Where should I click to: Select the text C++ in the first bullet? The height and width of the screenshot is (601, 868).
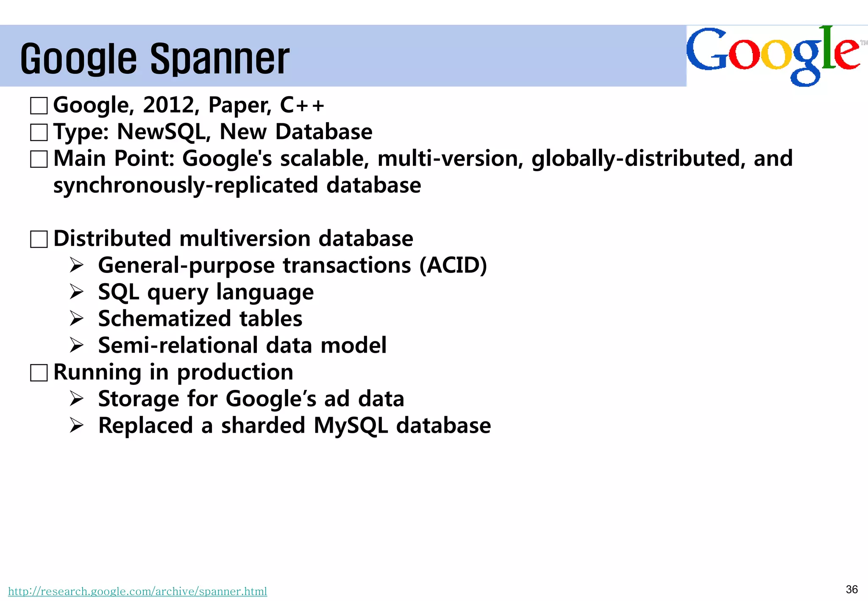pos(302,105)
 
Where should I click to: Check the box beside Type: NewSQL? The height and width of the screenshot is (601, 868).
pos(39,133)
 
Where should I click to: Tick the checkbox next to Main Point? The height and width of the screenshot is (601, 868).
pos(39,159)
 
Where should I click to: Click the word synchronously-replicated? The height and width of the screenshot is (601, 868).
pos(186,185)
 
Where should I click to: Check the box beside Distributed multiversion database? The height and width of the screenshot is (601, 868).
pos(39,239)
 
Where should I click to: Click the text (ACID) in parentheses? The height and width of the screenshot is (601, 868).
pos(453,265)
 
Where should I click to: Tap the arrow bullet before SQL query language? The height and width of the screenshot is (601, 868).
pos(77,292)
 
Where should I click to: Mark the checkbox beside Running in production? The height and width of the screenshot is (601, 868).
pos(39,373)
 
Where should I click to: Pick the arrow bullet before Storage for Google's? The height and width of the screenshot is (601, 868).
pos(77,399)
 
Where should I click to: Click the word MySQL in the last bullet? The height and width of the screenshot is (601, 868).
pos(351,426)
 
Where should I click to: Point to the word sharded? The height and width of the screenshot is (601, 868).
pos(263,426)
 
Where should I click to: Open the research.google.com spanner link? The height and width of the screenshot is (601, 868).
pos(138,591)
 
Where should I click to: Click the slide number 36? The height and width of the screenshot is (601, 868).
pos(851,590)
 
